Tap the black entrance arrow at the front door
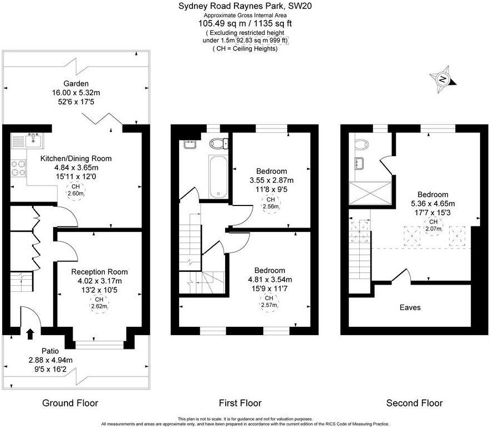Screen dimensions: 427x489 click(x=30, y=333)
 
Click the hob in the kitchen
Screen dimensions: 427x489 click(x=19, y=167)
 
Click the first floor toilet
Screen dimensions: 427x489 click(x=218, y=143)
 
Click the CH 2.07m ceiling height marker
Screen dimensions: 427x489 click(x=432, y=225)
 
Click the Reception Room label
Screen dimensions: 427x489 click(x=99, y=272)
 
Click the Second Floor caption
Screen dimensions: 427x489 click(x=414, y=403)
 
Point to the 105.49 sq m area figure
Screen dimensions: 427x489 click(x=219, y=24)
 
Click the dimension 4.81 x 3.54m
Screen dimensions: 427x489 click(x=270, y=279)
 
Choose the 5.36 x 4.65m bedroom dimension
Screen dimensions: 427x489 click(x=432, y=203)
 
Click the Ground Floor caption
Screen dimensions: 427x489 click(x=70, y=403)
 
